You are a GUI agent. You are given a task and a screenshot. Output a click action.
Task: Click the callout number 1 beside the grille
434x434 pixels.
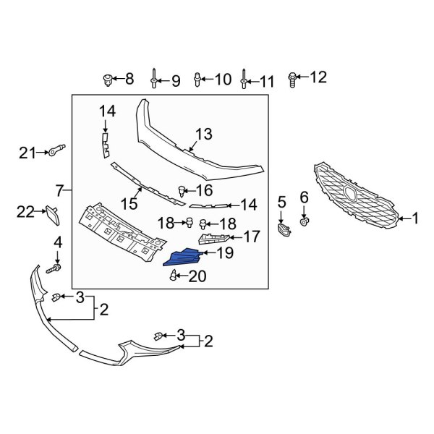[415, 217]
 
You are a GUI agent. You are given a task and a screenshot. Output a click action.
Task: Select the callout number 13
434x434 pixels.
[204, 134]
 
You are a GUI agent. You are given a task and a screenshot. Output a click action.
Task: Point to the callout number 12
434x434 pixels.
[319, 77]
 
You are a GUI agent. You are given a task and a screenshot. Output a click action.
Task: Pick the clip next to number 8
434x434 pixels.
[108, 78]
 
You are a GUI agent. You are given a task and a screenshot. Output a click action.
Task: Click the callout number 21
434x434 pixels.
[27, 152]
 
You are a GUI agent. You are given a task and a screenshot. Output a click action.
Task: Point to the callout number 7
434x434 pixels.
[59, 192]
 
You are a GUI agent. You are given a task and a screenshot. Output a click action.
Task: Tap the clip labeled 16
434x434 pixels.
[179, 191]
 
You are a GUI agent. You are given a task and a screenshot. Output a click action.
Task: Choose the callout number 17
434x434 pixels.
[251, 236]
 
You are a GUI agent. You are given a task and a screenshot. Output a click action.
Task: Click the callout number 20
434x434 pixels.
[197, 276]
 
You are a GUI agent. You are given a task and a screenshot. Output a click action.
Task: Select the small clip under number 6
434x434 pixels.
[305, 220]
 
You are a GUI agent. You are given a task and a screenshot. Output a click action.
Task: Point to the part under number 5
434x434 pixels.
[282, 230]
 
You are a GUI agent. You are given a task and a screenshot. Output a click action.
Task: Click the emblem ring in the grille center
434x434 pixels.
[350, 194]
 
